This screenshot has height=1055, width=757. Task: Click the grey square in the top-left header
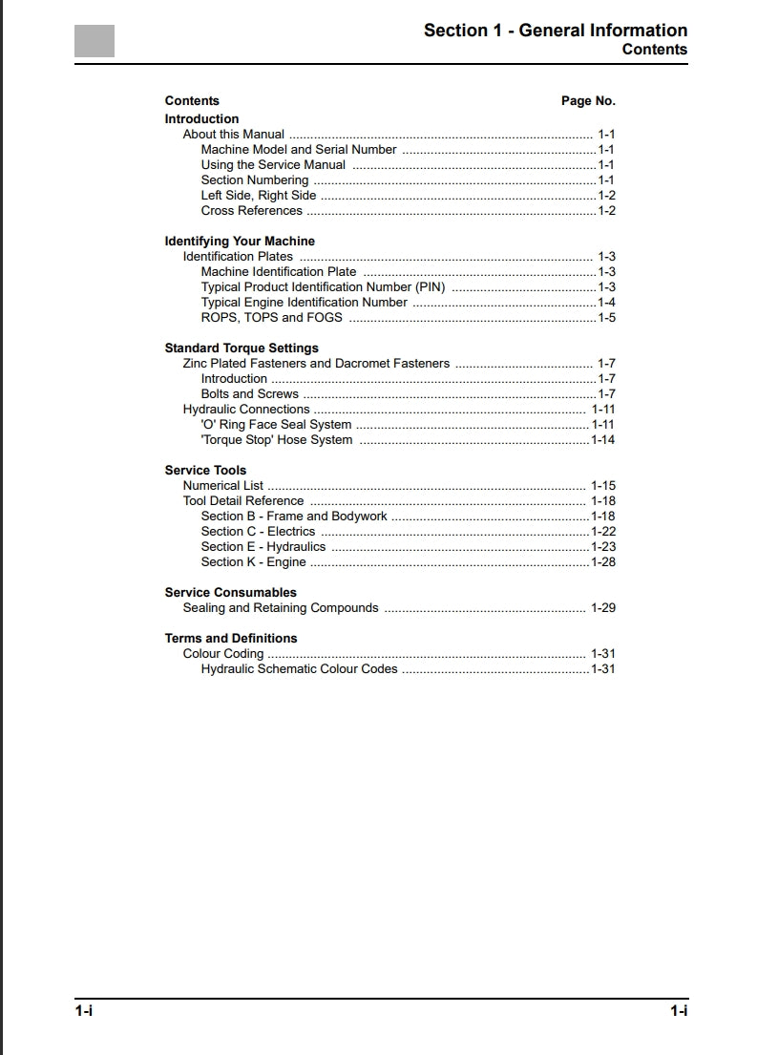click(95, 41)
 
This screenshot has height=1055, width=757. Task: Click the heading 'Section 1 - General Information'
click(555, 31)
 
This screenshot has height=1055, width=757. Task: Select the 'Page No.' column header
click(588, 101)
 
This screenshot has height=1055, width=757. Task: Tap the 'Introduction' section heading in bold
click(201, 119)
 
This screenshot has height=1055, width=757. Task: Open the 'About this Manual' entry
click(234, 135)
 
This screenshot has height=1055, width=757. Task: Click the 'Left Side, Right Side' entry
click(259, 196)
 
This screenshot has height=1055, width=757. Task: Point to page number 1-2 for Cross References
click(606, 211)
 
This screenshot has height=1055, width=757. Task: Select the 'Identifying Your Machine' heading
click(240, 242)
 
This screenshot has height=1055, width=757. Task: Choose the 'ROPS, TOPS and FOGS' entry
click(271, 318)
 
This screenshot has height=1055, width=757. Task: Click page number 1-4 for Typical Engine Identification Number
click(606, 303)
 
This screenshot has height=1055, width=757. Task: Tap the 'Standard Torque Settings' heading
click(242, 348)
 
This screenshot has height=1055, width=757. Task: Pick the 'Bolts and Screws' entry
click(249, 394)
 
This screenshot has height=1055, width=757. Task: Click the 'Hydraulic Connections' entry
click(246, 410)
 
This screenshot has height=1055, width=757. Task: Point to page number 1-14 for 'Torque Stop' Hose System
click(603, 440)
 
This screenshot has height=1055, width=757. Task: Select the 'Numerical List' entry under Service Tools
click(223, 486)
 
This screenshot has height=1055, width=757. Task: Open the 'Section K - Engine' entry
click(253, 562)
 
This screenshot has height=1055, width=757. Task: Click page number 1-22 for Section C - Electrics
click(603, 532)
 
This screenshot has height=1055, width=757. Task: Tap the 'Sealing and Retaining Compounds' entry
click(281, 608)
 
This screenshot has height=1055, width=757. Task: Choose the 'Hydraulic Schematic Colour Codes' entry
click(299, 669)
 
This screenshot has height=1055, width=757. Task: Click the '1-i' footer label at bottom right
click(679, 1011)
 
